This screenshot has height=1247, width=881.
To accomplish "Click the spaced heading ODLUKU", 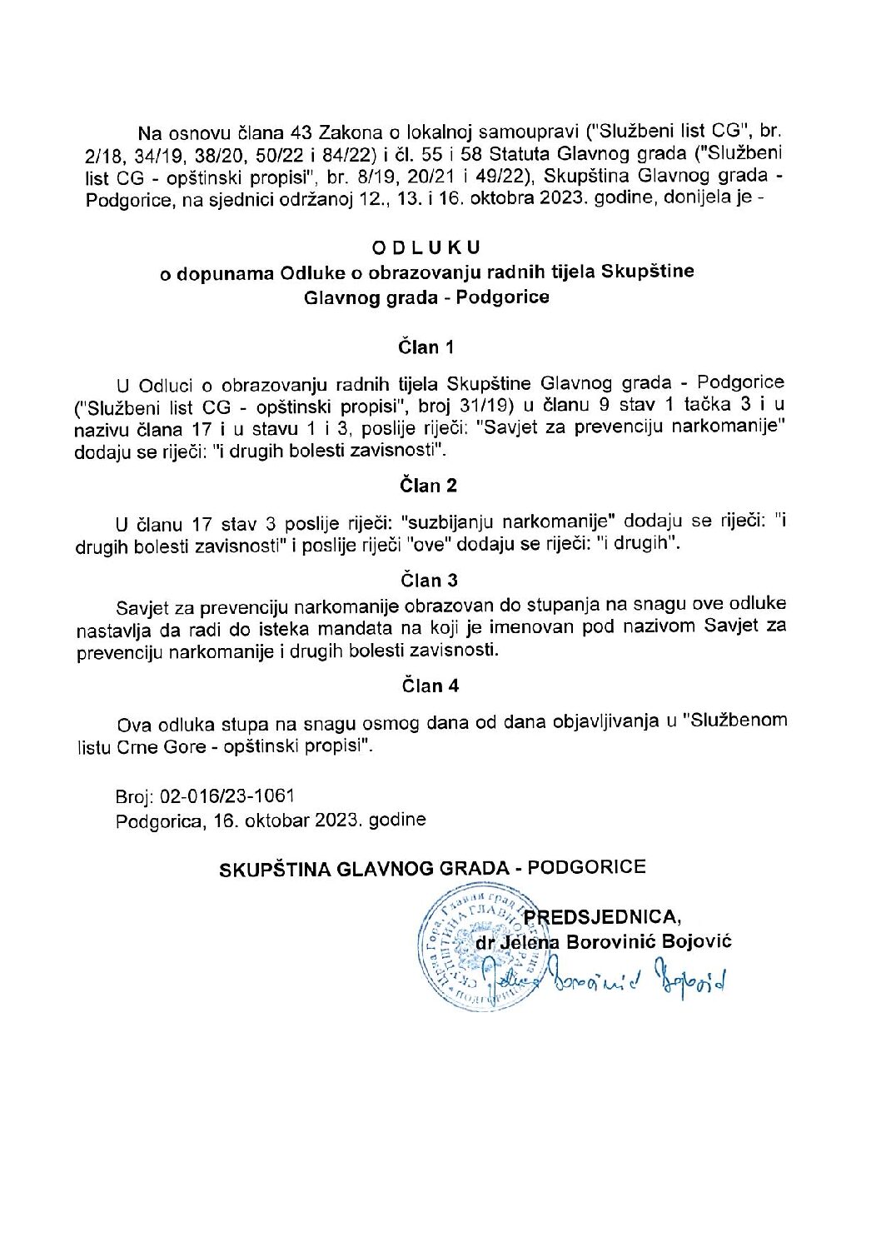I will coord(426,247).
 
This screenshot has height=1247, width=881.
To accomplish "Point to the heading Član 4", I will coord(430,686).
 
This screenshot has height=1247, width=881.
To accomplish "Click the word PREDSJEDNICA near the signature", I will coord(602,916).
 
